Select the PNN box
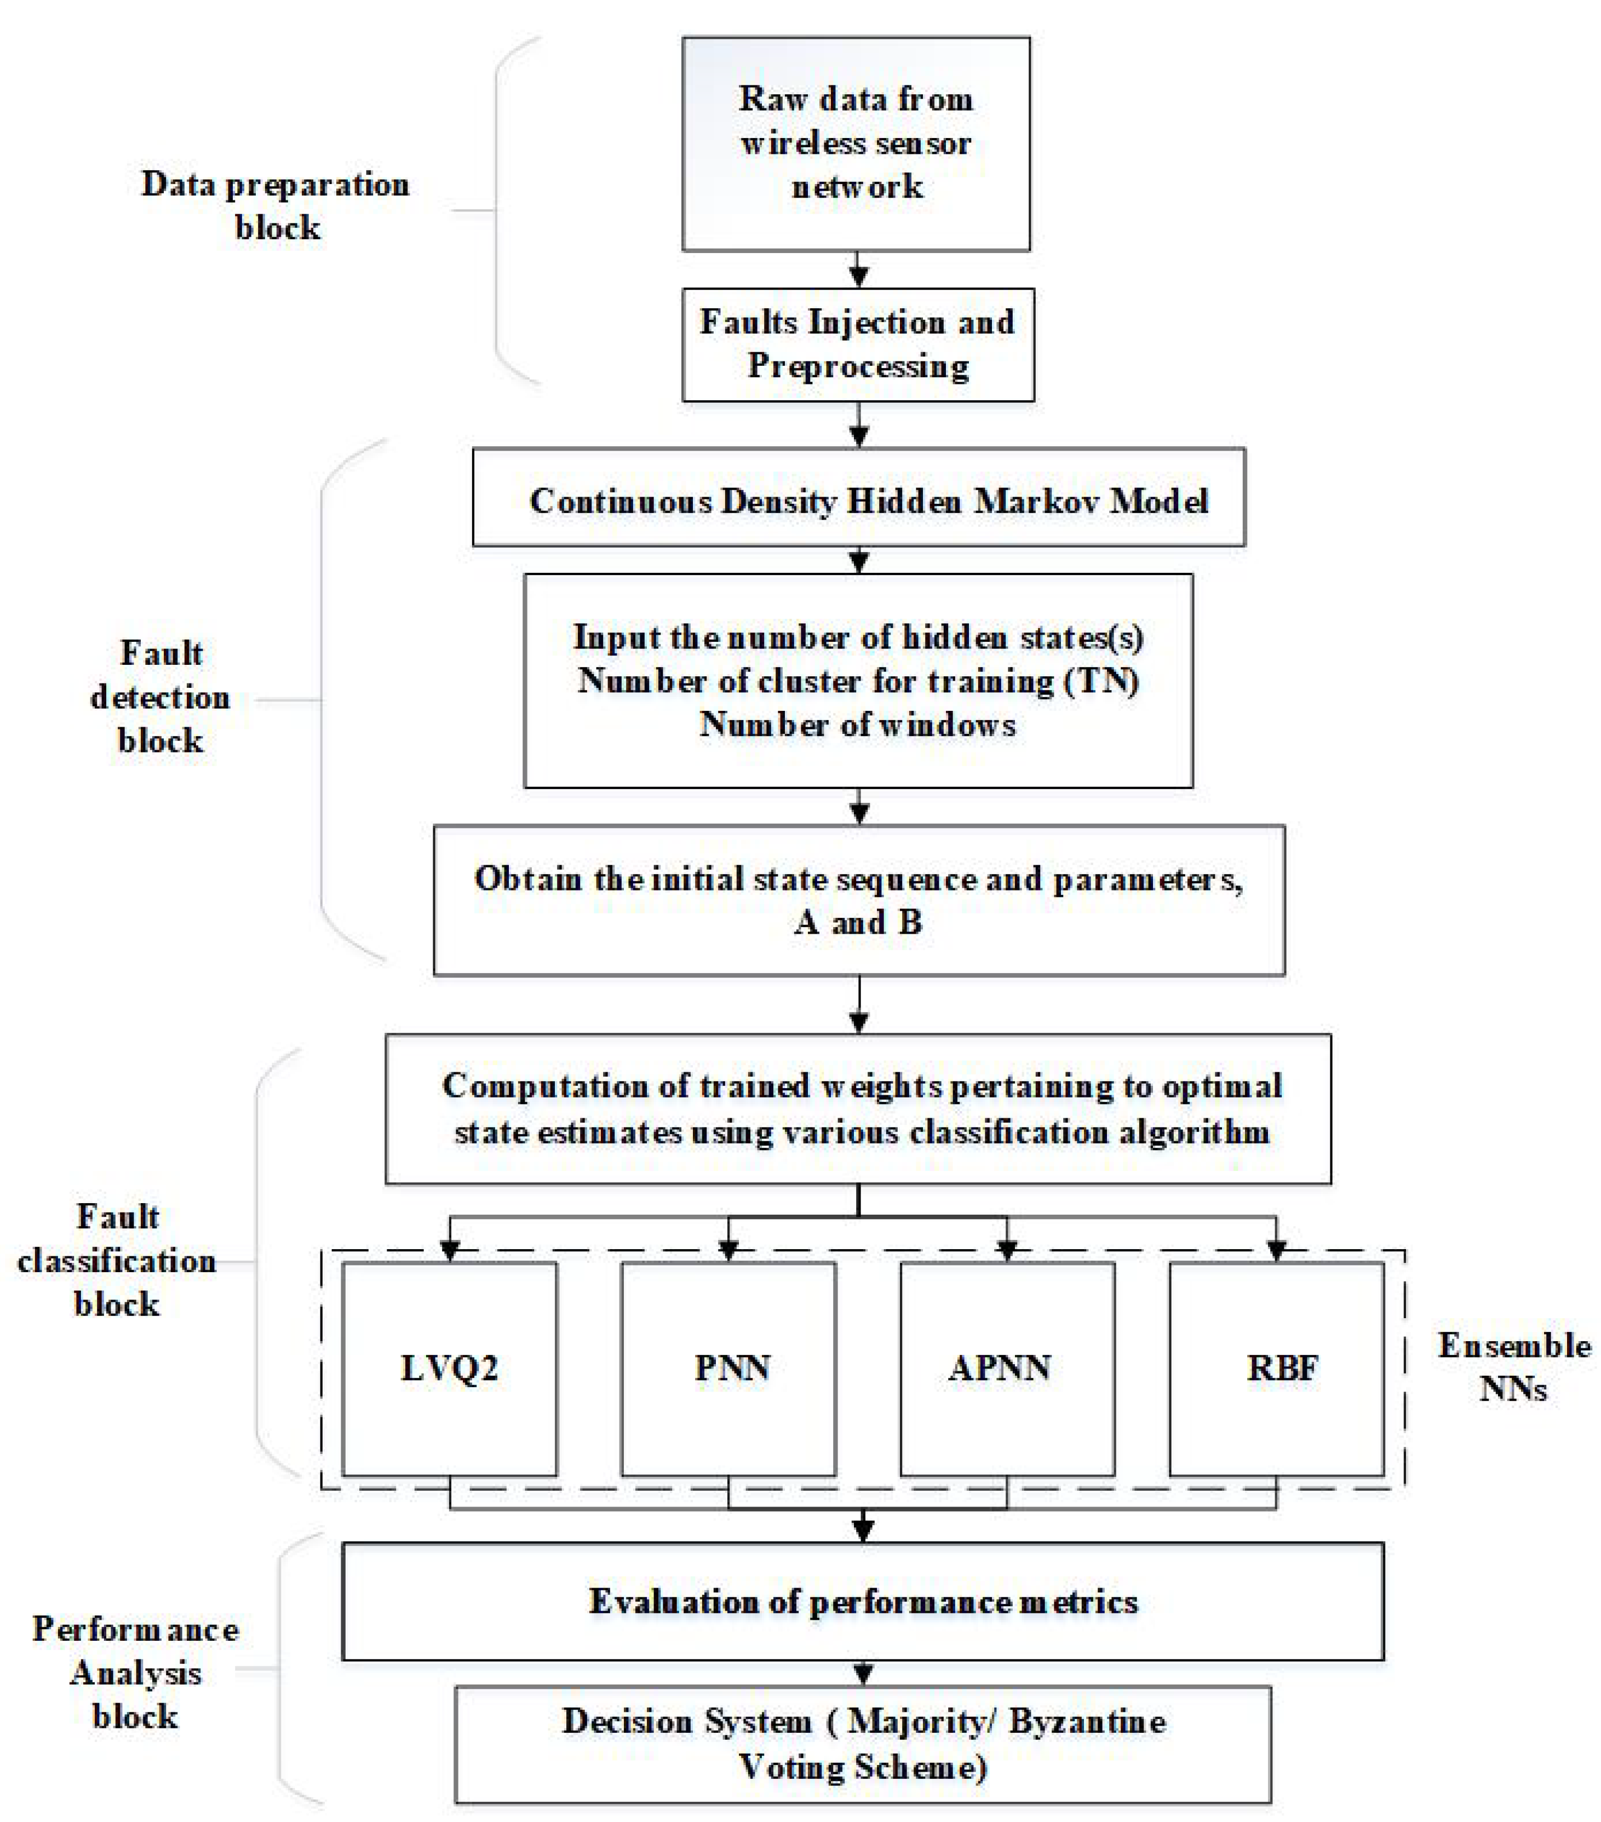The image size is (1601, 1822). (x=728, y=1369)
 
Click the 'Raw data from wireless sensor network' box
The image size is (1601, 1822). (x=856, y=142)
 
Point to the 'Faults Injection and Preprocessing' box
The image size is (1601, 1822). (x=858, y=344)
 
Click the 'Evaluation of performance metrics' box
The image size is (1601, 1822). (x=862, y=1602)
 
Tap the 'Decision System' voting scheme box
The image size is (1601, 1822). (x=862, y=1744)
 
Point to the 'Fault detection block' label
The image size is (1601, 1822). (x=160, y=697)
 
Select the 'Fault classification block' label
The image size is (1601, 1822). (x=117, y=1261)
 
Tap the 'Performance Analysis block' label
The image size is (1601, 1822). (x=135, y=1672)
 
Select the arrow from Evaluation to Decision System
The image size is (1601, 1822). (x=862, y=1672)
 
